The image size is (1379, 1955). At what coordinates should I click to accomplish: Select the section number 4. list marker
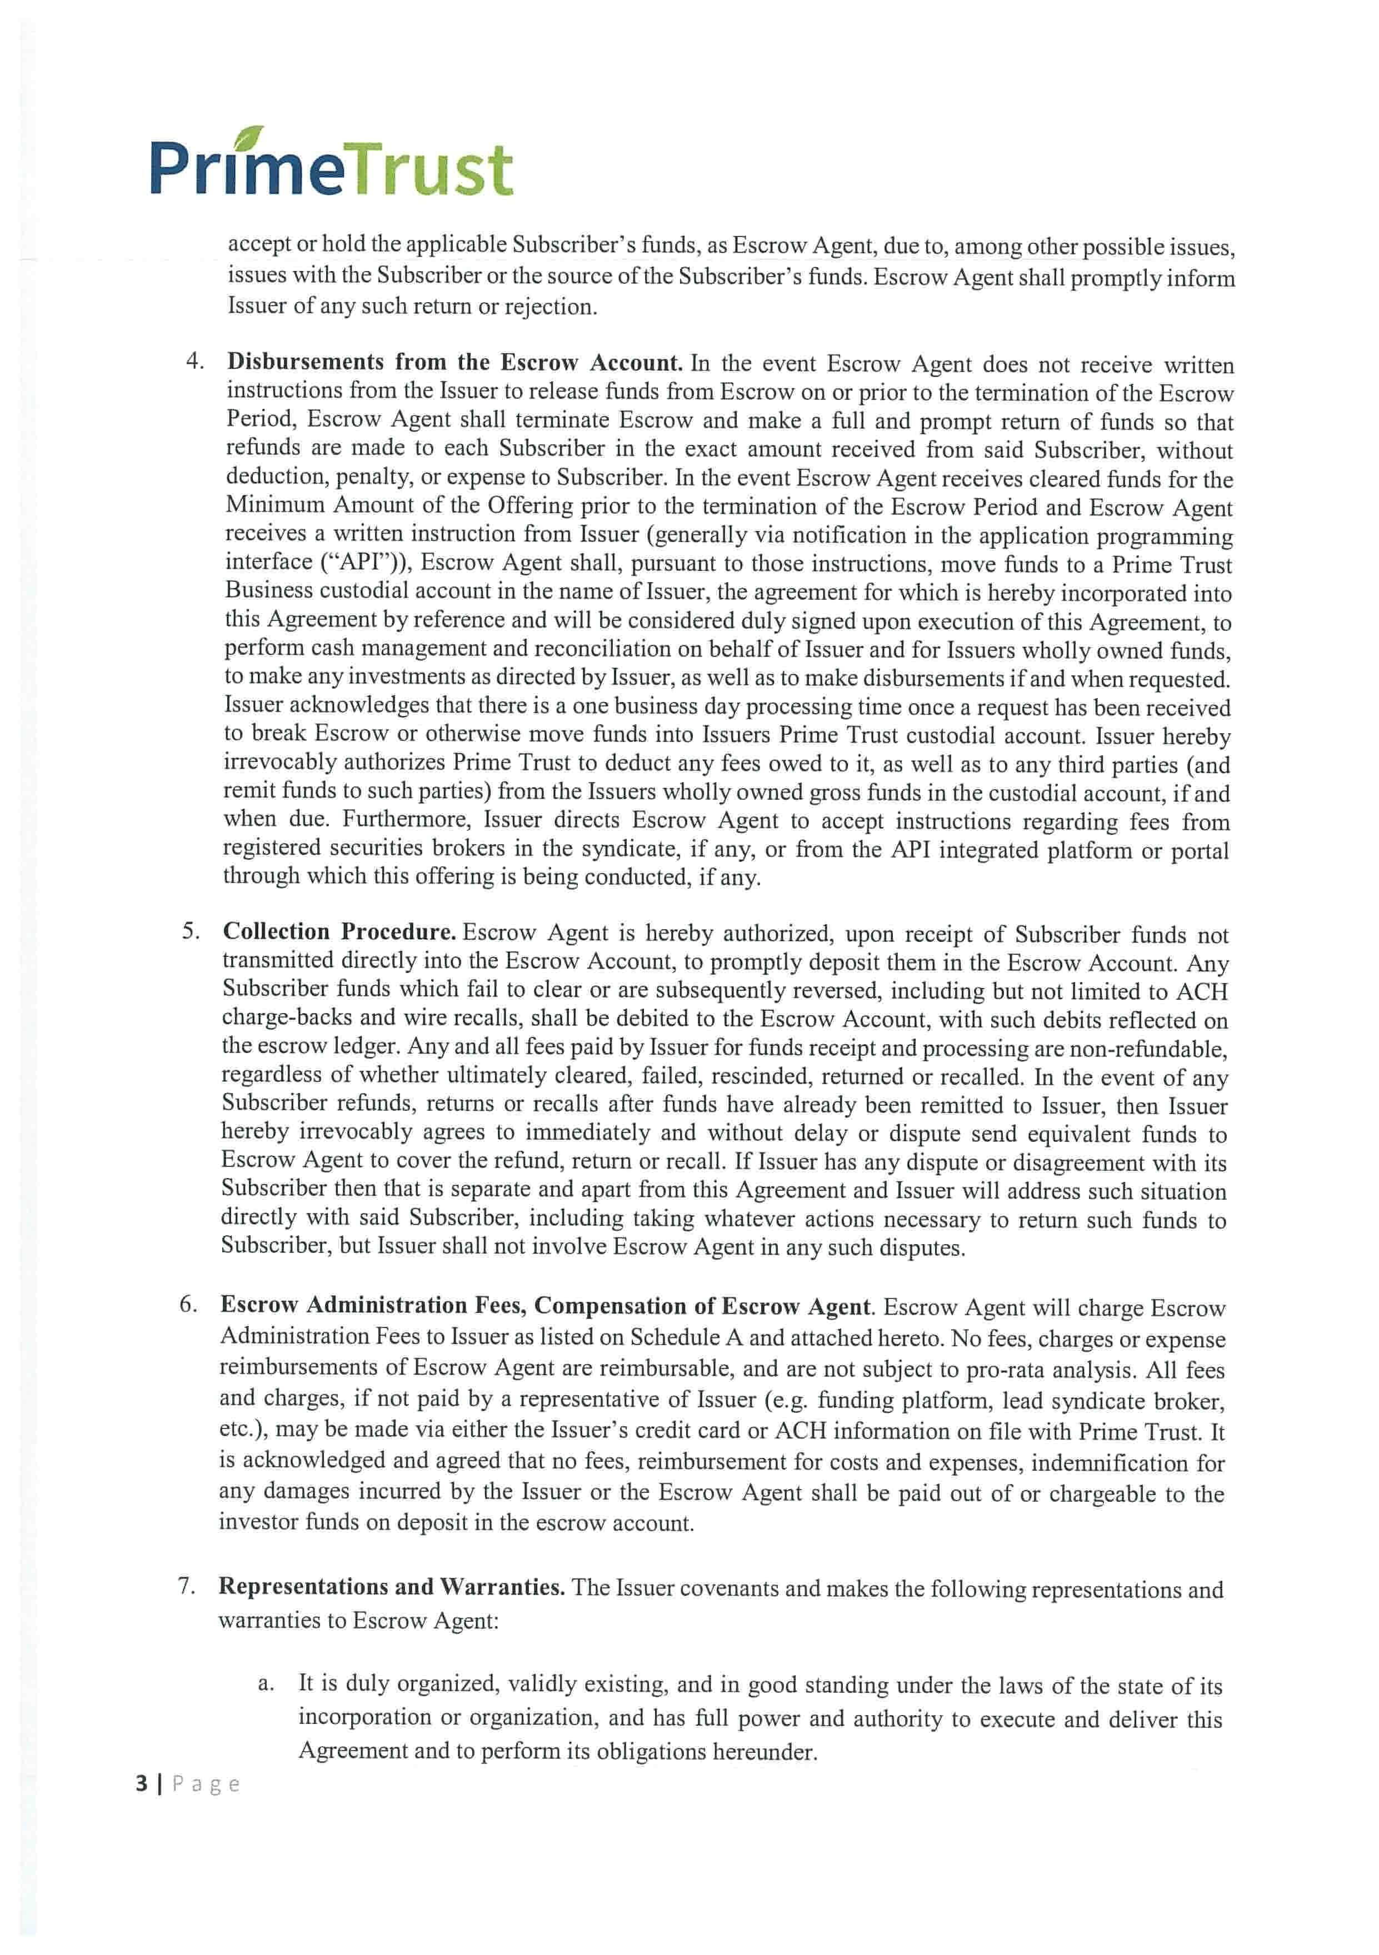[195, 361]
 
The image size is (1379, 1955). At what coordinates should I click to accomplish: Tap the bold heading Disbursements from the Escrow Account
[454, 362]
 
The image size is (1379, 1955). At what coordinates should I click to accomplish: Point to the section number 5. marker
[191, 931]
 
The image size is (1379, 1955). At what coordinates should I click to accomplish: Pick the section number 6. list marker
[188, 1305]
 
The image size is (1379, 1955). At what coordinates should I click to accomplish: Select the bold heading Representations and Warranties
[391, 1586]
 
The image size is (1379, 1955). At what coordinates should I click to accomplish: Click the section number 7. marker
[187, 1586]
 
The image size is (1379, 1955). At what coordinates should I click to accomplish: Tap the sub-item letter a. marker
[266, 1683]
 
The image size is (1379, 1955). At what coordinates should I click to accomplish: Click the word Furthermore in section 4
[406, 819]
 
